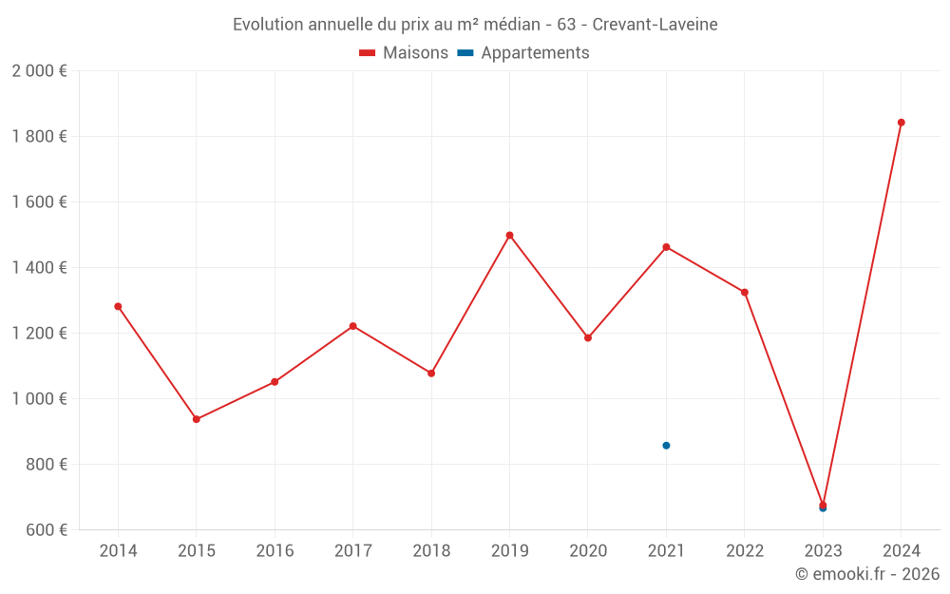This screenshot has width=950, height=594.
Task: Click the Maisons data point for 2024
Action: [x=901, y=123]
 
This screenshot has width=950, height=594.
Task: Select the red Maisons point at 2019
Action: [x=509, y=235]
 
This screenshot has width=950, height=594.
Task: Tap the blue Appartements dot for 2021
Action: [x=666, y=446]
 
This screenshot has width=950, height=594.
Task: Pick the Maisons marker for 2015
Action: [x=197, y=419]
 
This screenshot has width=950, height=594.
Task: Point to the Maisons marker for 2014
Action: [x=118, y=306]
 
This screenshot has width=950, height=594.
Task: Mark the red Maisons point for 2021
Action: [x=666, y=247]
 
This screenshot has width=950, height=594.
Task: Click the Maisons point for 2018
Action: [x=431, y=374]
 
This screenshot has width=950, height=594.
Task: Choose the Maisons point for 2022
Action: [x=745, y=292]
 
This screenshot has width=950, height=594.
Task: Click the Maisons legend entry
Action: [x=404, y=53]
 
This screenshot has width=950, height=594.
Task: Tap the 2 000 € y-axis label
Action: [x=39, y=71]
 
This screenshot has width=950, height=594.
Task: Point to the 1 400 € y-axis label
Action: [x=39, y=268]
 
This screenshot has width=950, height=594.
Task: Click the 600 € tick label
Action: [x=46, y=530]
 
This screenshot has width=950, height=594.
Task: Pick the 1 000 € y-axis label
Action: [x=39, y=399]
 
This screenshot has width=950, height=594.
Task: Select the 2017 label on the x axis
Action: [x=352, y=551]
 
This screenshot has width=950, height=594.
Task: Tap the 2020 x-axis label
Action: [x=588, y=551]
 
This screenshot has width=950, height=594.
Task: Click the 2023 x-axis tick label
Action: [x=823, y=551]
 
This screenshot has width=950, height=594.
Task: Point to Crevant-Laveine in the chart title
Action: [x=655, y=24]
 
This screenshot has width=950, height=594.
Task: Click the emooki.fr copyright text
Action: [x=867, y=574]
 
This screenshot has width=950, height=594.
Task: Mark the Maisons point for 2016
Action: [x=275, y=382]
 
